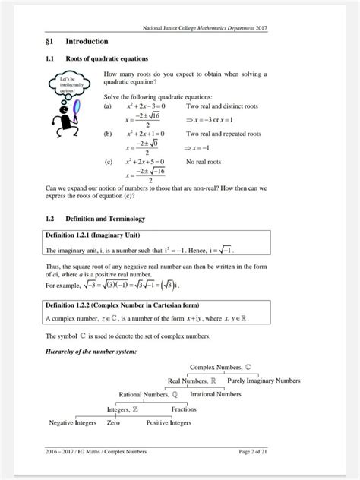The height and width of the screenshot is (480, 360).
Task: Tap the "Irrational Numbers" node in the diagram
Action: (216, 394)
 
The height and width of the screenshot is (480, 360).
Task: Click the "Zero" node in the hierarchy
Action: (114, 422)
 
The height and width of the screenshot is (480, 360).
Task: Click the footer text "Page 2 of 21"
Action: (257, 452)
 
